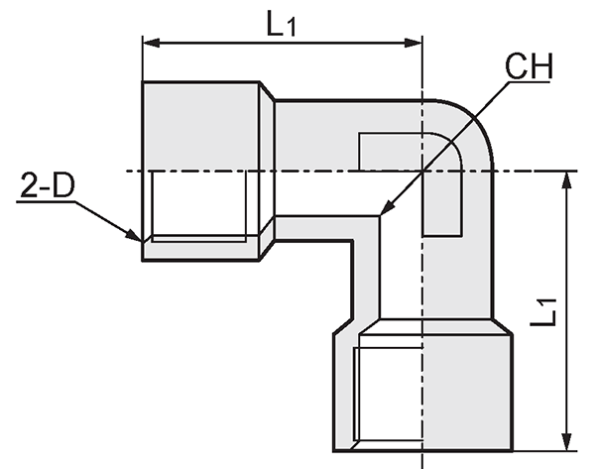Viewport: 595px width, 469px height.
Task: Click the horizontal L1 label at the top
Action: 281,24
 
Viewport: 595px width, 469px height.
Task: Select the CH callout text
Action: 529,66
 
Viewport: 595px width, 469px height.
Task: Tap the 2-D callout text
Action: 48,185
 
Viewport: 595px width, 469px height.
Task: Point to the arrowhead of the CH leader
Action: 387,209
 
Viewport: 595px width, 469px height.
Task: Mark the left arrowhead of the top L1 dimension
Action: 151,43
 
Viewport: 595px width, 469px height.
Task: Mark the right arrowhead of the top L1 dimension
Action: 414,43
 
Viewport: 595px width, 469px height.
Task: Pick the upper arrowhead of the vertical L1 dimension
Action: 566,179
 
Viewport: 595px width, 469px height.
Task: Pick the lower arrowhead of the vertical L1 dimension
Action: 566,442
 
